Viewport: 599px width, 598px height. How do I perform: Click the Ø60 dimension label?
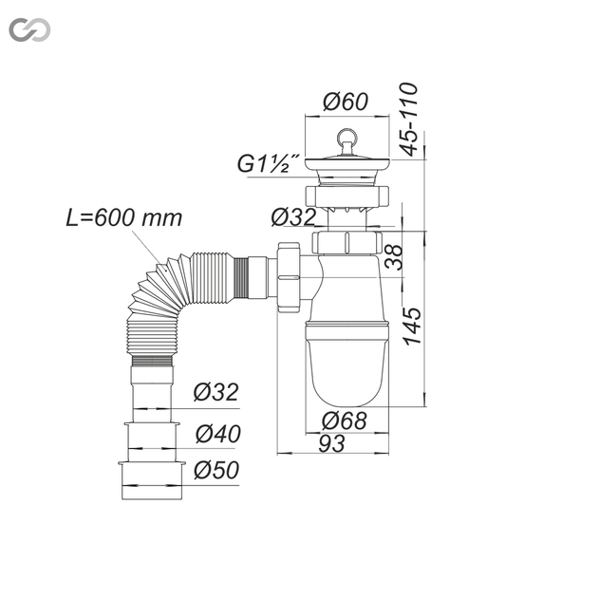pyautogui.click(x=346, y=102)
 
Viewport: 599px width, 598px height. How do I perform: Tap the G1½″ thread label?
pyautogui.click(x=269, y=163)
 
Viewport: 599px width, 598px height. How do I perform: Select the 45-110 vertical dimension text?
pyautogui.click(x=408, y=120)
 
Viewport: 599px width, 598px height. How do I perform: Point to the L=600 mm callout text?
pyautogui.click(x=124, y=218)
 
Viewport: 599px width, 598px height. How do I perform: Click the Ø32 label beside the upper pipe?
pyautogui.click(x=293, y=217)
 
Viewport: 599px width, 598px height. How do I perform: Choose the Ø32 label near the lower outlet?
pyautogui.click(x=216, y=392)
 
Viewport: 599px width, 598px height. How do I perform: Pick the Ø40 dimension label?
pyautogui.click(x=218, y=434)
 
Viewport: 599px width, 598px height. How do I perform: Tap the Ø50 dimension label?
pyautogui.click(x=216, y=470)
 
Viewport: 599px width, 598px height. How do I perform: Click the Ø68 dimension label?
pyautogui.click(x=345, y=420)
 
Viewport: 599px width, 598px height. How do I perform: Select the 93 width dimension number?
pyautogui.click(x=331, y=443)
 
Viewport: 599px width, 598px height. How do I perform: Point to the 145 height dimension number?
pyautogui.click(x=413, y=327)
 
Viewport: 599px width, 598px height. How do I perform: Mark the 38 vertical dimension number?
pyautogui.click(x=394, y=257)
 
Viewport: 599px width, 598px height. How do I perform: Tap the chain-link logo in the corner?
pyautogui.click(x=29, y=29)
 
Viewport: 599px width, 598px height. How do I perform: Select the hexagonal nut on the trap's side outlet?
pyautogui.click(x=289, y=277)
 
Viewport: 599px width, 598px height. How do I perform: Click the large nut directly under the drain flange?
pyautogui.click(x=346, y=196)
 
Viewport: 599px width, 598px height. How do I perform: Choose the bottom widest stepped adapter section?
pyautogui.click(x=152, y=480)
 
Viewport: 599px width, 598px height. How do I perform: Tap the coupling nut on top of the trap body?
pyautogui.click(x=346, y=242)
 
